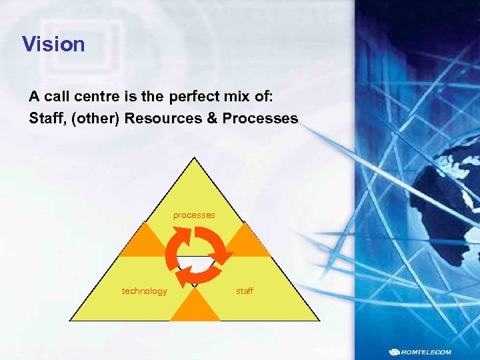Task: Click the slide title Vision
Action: coord(53,45)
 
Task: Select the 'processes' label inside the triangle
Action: coord(194,215)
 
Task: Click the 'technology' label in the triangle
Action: coord(144,291)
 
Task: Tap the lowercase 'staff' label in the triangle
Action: coord(245,291)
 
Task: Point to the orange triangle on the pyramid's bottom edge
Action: coord(195,309)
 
